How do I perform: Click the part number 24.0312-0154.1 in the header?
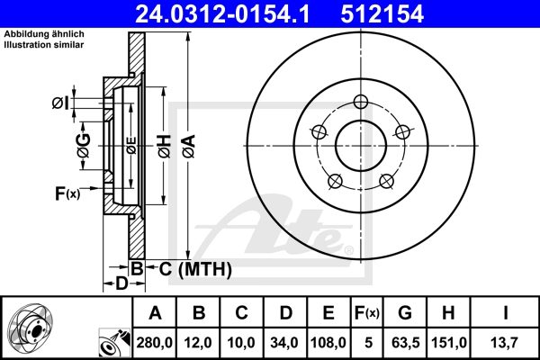222,13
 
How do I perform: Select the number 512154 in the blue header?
382,13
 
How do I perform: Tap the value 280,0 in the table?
154,343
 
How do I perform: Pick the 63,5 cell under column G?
405,343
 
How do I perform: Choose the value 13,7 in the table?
506,343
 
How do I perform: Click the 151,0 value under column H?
449,343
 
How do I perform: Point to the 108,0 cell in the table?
328,343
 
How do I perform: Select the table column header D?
285,313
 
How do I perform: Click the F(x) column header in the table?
367,313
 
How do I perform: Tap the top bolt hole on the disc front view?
361,102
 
